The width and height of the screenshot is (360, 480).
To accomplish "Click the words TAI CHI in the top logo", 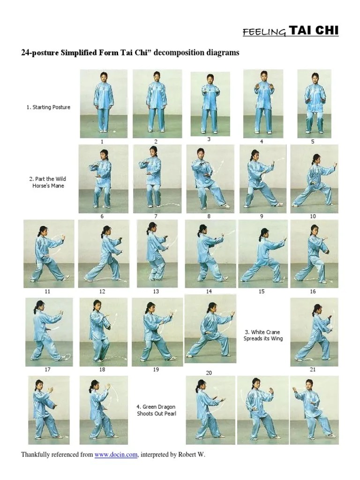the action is pos(314,30).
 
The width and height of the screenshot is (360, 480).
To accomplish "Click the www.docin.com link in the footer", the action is pos(116,455).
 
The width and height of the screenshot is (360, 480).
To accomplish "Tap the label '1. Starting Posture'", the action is pos(48,107).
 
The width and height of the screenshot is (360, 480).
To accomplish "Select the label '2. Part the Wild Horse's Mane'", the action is pos(48,182).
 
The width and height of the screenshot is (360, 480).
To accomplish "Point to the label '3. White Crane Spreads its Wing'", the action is pos(263,335).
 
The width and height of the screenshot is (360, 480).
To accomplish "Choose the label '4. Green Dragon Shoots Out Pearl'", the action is pos(157,410).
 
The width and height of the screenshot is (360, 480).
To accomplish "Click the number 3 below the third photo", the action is pos(209,139).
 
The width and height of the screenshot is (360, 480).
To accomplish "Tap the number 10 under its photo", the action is pos(313,216).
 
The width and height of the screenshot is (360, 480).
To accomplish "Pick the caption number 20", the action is pos(209,373).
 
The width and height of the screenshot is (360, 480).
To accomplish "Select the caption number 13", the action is pos(156,292).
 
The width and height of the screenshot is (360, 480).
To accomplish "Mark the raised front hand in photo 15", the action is pos(285,239).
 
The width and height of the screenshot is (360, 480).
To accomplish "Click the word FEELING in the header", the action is pos(264,32).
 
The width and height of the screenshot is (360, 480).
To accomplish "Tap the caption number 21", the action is pos(313,369).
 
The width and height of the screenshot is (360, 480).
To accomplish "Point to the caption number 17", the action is pos(47,369).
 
